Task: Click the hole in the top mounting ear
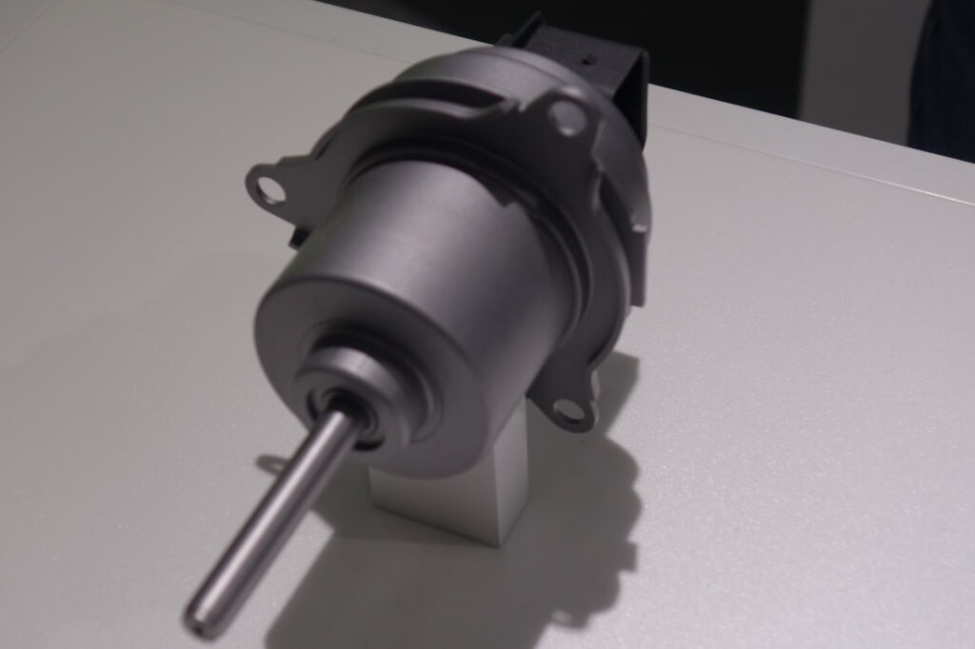point(567,117)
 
